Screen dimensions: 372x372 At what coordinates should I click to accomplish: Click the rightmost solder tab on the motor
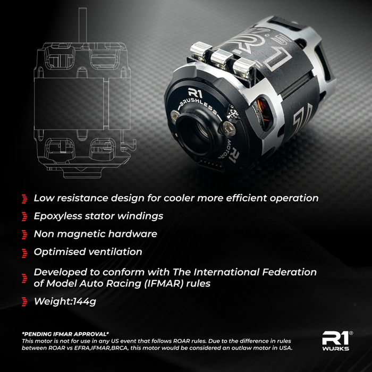243,66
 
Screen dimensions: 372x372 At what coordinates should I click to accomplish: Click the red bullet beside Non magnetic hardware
24,234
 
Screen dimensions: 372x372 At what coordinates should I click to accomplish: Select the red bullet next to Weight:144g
24,302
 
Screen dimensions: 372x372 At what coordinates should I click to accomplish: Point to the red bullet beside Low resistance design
24,199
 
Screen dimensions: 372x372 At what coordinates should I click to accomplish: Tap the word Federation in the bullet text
287,272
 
